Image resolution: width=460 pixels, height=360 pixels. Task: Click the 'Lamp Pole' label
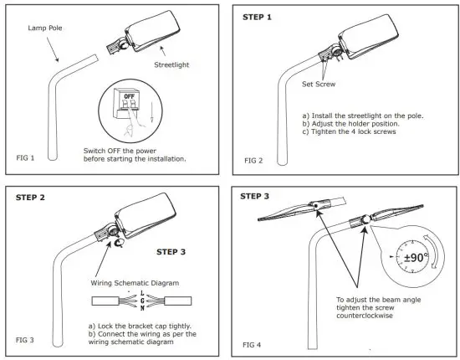click(x=45, y=28)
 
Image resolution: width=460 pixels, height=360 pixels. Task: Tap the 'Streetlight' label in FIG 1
click(x=171, y=65)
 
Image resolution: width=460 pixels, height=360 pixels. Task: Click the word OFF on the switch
click(x=129, y=96)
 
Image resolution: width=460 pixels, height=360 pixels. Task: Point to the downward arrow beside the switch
click(x=151, y=112)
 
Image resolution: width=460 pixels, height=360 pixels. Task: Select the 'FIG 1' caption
click(x=25, y=158)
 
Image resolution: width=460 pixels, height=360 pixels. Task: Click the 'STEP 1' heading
click(x=257, y=18)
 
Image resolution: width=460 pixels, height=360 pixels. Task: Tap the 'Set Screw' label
click(x=319, y=85)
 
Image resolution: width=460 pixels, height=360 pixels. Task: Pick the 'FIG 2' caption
click(x=253, y=161)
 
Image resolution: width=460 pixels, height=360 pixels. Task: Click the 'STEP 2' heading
click(x=30, y=198)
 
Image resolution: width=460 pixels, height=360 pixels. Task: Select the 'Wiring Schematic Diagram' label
click(x=135, y=283)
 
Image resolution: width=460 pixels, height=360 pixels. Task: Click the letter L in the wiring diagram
click(x=142, y=293)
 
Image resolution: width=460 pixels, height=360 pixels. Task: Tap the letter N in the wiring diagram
click(x=142, y=308)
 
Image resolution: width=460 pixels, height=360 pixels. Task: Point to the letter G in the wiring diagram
click(x=142, y=301)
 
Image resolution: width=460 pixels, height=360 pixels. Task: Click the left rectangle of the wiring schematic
click(x=105, y=301)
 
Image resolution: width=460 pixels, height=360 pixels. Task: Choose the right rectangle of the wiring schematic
click(x=178, y=301)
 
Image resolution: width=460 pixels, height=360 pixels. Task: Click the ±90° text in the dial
click(x=416, y=258)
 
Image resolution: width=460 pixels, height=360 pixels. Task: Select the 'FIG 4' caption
click(x=252, y=345)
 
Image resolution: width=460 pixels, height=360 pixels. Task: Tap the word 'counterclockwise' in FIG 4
click(x=365, y=316)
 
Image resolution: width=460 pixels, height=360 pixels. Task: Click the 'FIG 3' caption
click(x=24, y=340)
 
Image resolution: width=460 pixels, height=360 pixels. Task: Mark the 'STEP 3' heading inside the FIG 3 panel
click(x=171, y=252)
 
